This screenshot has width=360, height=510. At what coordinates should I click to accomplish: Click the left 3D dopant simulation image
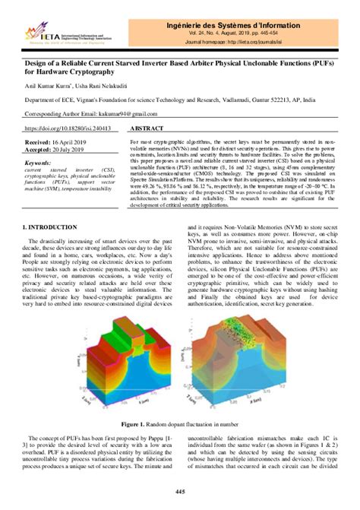click(x=122, y=350)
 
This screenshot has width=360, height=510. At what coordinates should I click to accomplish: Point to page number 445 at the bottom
click(x=180, y=493)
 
